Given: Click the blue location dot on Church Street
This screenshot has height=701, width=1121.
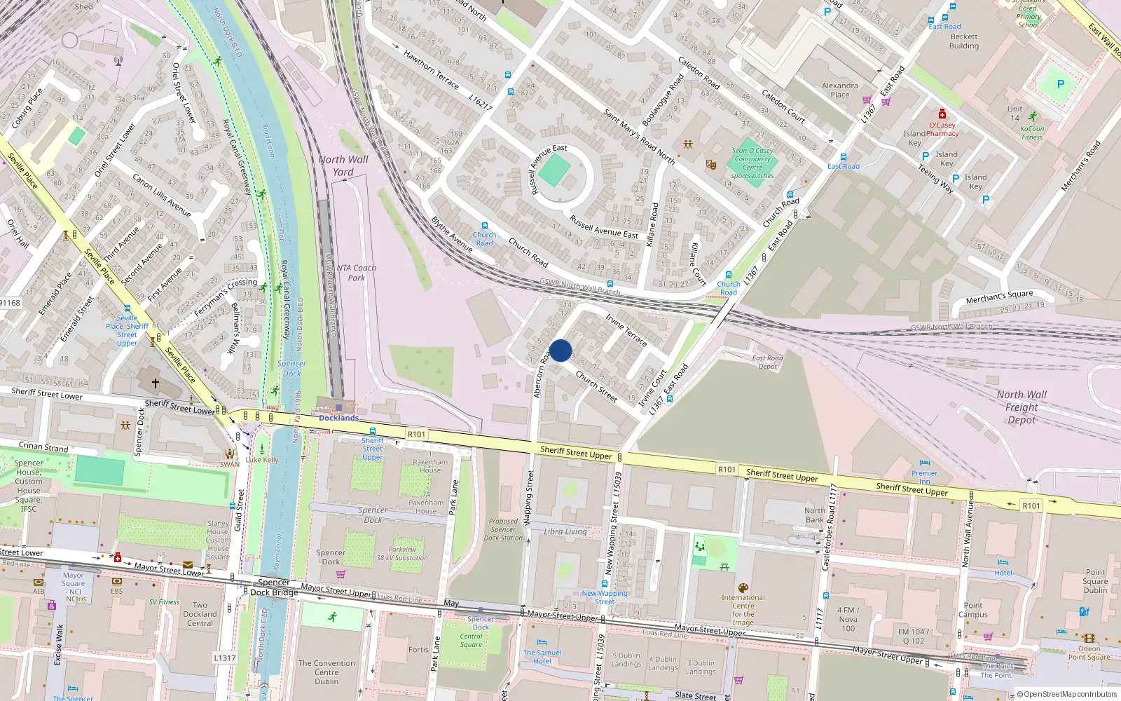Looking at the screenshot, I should (x=560, y=350).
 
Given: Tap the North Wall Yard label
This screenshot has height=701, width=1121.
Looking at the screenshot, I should (x=343, y=165).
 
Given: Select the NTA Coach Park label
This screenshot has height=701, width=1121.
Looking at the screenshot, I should (x=356, y=273).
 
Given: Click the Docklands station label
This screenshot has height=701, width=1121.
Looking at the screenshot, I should (x=338, y=418).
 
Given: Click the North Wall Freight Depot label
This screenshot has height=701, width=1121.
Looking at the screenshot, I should (x=1022, y=407).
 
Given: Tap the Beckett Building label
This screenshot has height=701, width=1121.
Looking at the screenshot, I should (x=964, y=41).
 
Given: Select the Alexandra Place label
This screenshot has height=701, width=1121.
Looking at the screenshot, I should (x=839, y=90).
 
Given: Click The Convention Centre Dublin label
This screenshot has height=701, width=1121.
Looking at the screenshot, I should (x=326, y=672).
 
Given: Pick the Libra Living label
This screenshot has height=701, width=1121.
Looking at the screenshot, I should (x=565, y=531).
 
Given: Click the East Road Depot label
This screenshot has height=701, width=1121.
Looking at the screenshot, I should (x=768, y=362).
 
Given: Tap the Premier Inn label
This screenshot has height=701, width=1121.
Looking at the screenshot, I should (x=925, y=477).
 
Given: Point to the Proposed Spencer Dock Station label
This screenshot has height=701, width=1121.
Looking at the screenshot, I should (x=503, y=529).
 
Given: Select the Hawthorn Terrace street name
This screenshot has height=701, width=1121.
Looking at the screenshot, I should (x=431, y=69).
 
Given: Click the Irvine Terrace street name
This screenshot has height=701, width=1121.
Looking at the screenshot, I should (x=626, y=329).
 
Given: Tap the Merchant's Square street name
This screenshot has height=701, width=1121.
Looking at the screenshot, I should (x=999, y=297).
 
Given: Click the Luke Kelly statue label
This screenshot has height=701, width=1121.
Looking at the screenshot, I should (x=263, y=460).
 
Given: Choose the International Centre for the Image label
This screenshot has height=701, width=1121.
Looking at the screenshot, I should (x=743, y=610).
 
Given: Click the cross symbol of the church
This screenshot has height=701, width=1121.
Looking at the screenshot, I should (x=156, y=383).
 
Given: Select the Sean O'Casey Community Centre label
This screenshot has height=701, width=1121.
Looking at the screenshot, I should (x=752, y=163).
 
